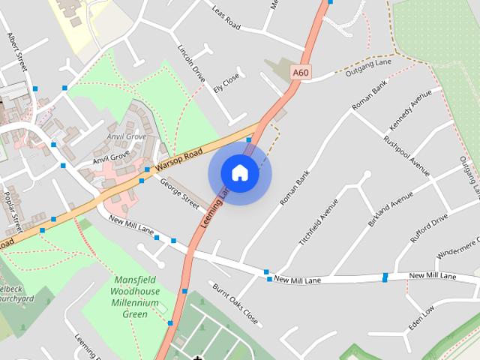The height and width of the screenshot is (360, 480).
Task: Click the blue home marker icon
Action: [x=239, y=173]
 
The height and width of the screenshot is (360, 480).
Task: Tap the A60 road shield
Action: [x=301, y=72]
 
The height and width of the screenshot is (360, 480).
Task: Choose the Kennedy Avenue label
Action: [x=410, y=110]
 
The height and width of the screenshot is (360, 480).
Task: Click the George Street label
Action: [x=179, y=193]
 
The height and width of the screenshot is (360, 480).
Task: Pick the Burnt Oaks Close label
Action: [x=235, y=304]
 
